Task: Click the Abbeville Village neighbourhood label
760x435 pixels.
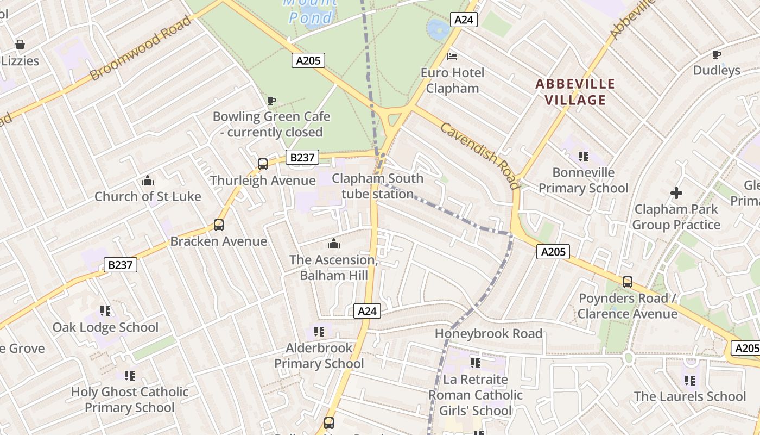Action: pos(575,92)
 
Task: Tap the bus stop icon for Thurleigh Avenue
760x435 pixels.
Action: pos(262,164)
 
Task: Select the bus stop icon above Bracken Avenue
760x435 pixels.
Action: pos(218,225)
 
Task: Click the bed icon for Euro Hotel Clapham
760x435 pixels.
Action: pos(452,56)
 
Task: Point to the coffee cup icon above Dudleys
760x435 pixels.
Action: pos(717,54)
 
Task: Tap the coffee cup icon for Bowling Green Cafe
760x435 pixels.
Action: pos(271,101)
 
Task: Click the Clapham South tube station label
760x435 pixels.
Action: pos(377,186)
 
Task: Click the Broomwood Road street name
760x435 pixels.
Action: pos(141,48)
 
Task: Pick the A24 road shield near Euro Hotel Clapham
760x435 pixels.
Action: pos(463,20)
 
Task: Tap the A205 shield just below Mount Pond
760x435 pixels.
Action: pos(308,60)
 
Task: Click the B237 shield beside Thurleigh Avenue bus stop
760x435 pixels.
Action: pos(302,158)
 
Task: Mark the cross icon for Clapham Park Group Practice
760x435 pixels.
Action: pos(676,193)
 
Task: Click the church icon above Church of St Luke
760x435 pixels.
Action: pos(147,181)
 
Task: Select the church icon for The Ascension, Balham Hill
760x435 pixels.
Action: pos(333,244)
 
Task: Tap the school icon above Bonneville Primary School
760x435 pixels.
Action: pos(584,157)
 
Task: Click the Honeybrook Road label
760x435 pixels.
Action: pos(489,333)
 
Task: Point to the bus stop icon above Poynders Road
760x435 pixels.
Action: pos(627,282)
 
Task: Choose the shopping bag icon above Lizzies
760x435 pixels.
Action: pos(20,45)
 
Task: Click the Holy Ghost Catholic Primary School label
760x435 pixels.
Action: pos(130,399)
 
